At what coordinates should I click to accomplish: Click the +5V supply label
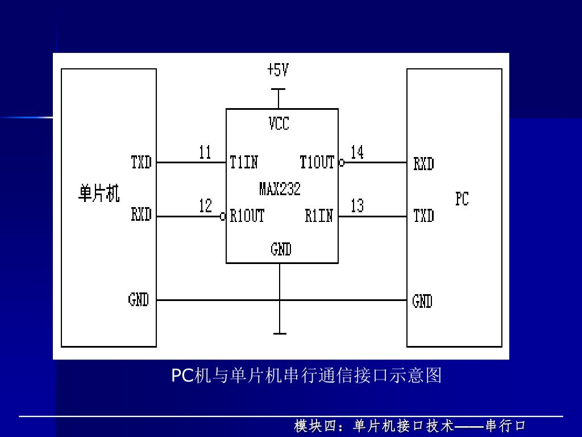point(278,70)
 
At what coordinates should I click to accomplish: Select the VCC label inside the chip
point(279,123)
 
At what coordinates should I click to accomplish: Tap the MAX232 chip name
point(280,189)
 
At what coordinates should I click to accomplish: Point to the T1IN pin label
point(244,163)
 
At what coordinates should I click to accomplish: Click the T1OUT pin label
point(317,163)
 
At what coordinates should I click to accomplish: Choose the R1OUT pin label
point(247,216)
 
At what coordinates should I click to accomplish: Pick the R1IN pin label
point(319,216)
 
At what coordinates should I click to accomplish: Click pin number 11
point(205,152)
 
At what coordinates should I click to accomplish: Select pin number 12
point(205,206)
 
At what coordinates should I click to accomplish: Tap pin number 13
point(357,206)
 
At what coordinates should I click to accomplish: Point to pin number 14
point(357,152)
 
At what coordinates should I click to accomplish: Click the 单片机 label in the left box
point(99,194)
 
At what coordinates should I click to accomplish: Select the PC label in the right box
point(462,199)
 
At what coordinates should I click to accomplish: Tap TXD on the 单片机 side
point(142,163)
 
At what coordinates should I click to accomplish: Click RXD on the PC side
point(423,164)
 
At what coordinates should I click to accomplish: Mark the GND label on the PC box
point(422,301)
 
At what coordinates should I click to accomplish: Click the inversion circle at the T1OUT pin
point(342,163)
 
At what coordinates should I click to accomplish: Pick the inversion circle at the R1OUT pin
point(223,217)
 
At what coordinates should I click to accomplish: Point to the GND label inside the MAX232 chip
point(281,249)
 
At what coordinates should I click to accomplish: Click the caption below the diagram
point(306,376)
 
